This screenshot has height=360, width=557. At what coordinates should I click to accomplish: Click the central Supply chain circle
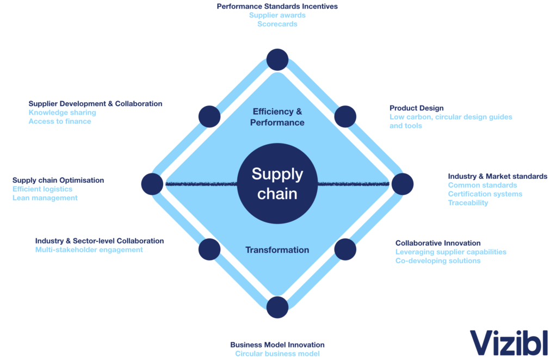(277, 184)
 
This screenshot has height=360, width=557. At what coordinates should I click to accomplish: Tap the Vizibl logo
(509, 343)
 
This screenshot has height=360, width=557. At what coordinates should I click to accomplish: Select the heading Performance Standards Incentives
(277, 7)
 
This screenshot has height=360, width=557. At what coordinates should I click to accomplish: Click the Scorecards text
(277, 24)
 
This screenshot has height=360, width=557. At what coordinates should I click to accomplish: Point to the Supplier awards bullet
(277, 15)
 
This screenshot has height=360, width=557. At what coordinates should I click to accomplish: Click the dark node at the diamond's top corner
(277, 59)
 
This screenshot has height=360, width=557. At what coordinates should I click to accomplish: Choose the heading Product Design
(417, 108)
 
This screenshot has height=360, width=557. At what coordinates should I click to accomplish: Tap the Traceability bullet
(468, 203)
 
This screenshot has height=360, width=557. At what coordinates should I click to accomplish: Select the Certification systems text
(485, 194)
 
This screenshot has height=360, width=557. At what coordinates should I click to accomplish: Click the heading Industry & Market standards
(497, 176)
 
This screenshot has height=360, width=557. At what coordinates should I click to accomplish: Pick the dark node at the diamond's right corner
(403, 184)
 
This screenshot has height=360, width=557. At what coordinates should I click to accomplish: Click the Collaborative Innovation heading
(438, 243)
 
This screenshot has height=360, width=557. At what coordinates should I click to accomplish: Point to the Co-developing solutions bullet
(438, 260)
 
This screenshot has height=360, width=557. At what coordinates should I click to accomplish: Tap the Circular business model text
(277, 353)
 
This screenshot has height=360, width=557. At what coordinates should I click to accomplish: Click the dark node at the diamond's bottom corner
(277, 307)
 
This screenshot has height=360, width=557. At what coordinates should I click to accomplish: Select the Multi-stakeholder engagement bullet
(89, 250)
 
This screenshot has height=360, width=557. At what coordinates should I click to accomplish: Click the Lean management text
(45, 198)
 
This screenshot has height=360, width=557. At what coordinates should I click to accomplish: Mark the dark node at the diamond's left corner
(152, 184)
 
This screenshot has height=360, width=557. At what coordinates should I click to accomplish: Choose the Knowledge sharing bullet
(63, 113)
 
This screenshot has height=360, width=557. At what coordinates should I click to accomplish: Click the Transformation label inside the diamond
(277, 250)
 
